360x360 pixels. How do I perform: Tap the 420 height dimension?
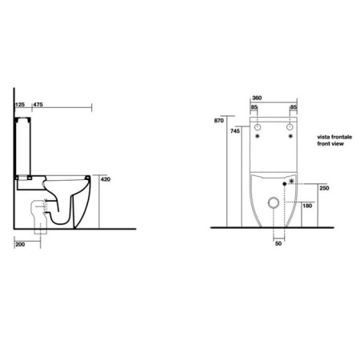coord(105,181)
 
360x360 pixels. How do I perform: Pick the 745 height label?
coord(234,132)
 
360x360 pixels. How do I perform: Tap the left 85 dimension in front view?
coord(254,108)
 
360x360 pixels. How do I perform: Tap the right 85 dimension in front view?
coord(294,108)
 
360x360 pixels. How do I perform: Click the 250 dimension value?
coord(325,189)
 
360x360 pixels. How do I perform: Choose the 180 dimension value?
coord(308,206)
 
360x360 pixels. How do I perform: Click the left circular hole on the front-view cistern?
coord(258,128)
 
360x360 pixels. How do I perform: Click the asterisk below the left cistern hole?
coord(258,138)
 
